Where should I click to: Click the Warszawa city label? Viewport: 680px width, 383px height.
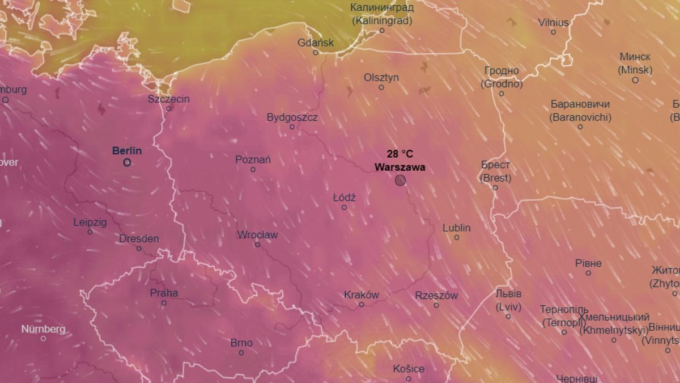tap(400, 168)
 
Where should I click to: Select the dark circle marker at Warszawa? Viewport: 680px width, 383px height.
tap(400, 180)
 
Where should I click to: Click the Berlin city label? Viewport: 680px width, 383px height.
tap(127, 151)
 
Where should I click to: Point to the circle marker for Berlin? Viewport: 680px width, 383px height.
tap(127, 162)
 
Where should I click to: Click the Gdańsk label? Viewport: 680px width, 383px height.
tap(316, 43)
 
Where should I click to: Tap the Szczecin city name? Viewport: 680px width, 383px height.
tap(168, 99)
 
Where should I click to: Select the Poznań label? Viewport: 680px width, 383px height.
tap(253, 159)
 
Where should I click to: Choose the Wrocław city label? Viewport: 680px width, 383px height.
tap(257, 234)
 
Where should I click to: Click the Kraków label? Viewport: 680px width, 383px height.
tap(361, 294)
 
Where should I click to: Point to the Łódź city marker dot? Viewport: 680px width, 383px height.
tap(344, 208)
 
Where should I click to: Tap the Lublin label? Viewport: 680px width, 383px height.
tap(456, 228)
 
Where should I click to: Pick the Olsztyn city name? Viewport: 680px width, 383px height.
tap(381, 77)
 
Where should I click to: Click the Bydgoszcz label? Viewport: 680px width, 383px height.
tap(292, 117)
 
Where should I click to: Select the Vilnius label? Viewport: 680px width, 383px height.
tap(553, 23)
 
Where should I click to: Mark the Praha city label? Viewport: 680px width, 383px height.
tap(164, 293)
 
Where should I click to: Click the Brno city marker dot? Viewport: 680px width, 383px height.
tap(241, 353)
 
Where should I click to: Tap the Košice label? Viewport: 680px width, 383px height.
tap(407, 369)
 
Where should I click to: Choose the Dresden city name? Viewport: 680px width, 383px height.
tap(139, 238)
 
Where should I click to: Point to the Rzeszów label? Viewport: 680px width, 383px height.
tap(436, 295)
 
